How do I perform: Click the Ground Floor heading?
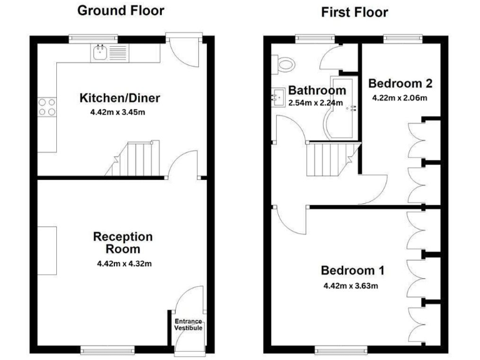coord(121,11)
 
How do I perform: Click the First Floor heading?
coord(354,12)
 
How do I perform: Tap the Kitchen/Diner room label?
coord(119,98)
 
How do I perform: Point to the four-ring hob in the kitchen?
coord(46,107)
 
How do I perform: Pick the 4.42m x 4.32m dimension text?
coord(124,263)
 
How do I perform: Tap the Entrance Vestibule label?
coord(187,324)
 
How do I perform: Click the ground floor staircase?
coord(134,159)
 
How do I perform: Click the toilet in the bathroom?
coord(286,63)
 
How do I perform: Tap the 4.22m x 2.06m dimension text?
coord(400,97)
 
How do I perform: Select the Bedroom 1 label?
coord(352,271)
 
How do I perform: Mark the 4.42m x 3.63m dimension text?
coord(352,286)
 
